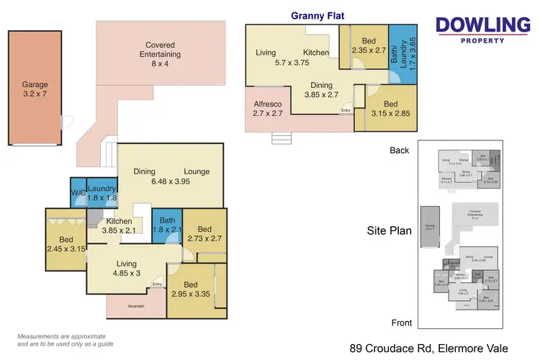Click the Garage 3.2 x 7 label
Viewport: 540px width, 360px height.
[x=35, y=89]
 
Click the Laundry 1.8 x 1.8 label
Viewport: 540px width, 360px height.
[x=102, y=193]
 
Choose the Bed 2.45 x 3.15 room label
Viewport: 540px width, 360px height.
[x=66, y=244]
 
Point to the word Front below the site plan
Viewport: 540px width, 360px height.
[x=400, y=323]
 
